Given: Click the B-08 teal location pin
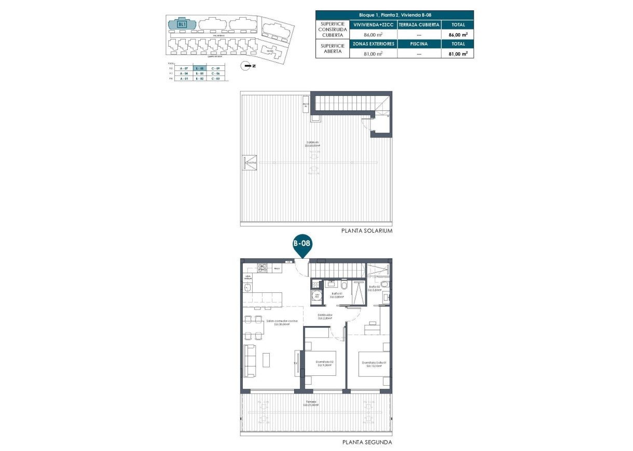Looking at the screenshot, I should [302, 243].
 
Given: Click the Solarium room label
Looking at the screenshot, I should [312, 144].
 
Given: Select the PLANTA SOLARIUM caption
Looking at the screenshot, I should [366, 231].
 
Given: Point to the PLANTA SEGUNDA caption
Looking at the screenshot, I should [367, 443].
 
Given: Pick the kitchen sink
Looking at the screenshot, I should [248, 288].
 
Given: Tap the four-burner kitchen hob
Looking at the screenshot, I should [262, 269].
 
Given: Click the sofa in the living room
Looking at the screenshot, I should [250, 361].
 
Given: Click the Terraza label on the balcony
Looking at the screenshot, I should [311, 403].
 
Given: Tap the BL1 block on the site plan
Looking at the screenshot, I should [182, 24].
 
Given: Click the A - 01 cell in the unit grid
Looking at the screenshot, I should [183, 79].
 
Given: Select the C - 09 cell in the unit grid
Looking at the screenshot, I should [216, 68].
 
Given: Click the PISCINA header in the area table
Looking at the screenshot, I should [418, 44].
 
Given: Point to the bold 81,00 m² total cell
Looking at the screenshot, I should [458, 53].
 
